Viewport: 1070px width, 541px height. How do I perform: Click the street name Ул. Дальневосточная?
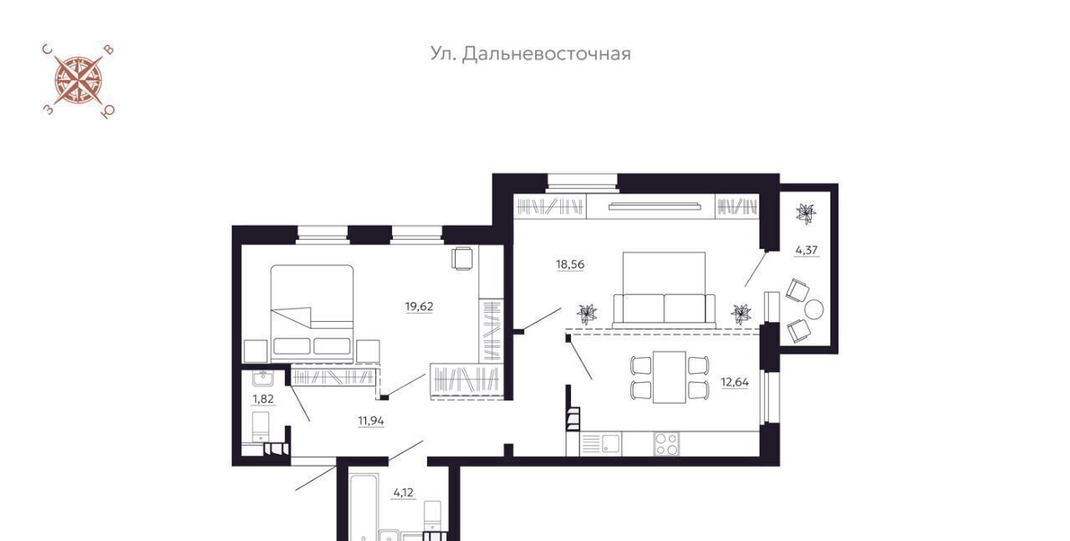pos(530,54)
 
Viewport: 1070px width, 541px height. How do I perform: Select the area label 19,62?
pos(419,306)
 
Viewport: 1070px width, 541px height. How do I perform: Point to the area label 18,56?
pos(570,264)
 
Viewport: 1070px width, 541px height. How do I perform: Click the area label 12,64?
pos(735,382)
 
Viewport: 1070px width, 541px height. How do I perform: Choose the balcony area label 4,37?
pos(807,250)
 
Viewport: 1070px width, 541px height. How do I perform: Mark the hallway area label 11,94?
pos(371,421)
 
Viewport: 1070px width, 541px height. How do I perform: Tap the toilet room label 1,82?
pos(263,399)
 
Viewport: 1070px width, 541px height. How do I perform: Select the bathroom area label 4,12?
pos(403,493)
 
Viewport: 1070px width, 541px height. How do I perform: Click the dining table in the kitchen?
pos(670,378)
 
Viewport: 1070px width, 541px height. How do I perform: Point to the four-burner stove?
pos(666,444)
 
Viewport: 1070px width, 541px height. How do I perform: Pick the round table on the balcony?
pos(814,309)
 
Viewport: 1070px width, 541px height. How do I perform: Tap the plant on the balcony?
pos(806,213)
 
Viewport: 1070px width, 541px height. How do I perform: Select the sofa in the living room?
pos(664,310)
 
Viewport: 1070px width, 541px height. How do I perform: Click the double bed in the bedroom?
pos(312,314)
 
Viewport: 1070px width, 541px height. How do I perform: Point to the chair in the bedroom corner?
pos(462,258)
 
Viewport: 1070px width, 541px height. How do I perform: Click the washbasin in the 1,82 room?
pos(262,379)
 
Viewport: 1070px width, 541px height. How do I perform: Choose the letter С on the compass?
pos(47,48)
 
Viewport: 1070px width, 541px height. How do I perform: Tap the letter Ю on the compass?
pos(109,112)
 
